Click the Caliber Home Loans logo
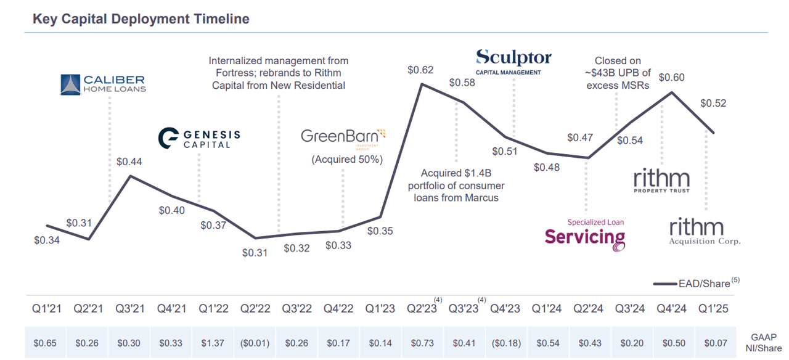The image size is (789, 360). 103,84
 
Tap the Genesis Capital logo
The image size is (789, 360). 199,138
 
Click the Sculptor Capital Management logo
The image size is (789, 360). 513,62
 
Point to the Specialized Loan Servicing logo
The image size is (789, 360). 585,235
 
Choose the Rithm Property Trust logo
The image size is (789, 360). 661,182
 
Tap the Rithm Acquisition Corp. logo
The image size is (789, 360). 705,232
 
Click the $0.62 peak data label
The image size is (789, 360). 420,70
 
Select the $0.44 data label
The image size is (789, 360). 129,162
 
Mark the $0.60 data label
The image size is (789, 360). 671,78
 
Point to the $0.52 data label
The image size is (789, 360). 713,103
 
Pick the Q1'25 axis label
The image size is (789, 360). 713,309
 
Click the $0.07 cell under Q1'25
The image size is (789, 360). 713,342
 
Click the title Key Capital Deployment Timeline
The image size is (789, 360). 141,19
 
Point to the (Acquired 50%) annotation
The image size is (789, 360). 347,159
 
